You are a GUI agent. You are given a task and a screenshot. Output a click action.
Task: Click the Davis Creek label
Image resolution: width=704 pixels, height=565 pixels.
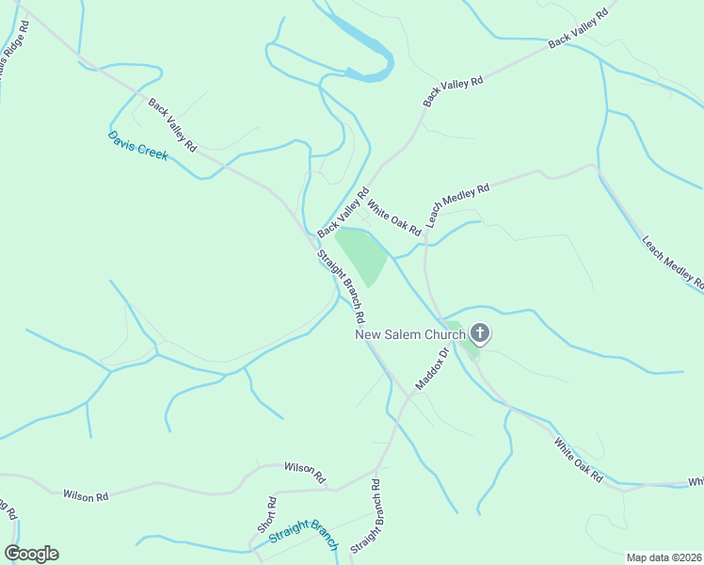(137, 146)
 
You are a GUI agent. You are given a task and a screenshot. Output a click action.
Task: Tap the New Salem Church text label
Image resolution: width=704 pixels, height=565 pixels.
(409, 334)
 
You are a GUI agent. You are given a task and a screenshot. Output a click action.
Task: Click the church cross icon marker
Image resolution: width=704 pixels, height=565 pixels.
(480, 332)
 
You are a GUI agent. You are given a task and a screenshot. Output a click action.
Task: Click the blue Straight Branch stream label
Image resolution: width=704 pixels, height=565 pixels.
(303, 534)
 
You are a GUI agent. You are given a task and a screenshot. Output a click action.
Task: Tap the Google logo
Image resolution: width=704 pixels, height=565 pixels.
(32, 554)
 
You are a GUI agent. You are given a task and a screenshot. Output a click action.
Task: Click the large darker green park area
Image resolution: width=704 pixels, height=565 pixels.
(363, 254)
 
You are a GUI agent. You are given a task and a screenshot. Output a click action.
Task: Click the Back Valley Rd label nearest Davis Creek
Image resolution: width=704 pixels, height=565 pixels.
(170, 122)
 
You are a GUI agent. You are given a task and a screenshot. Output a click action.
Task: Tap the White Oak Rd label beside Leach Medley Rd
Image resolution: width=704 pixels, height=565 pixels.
(393, 217)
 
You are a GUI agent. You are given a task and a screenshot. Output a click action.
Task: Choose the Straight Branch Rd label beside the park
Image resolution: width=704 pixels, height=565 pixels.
(341, 285)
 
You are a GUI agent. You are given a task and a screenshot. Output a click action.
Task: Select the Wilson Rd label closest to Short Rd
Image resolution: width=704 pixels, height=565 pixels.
(304, 470)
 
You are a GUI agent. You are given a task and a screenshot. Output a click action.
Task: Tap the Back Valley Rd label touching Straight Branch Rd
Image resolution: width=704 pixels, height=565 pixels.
(343, 212)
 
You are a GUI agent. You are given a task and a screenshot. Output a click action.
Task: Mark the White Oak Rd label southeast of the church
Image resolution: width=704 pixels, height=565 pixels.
(578, 460)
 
